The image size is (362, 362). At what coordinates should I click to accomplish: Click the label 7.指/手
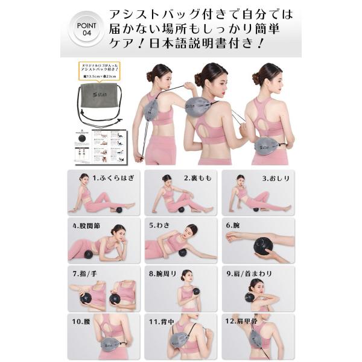(86, 273)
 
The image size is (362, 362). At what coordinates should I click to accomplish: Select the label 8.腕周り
(162, 273)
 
